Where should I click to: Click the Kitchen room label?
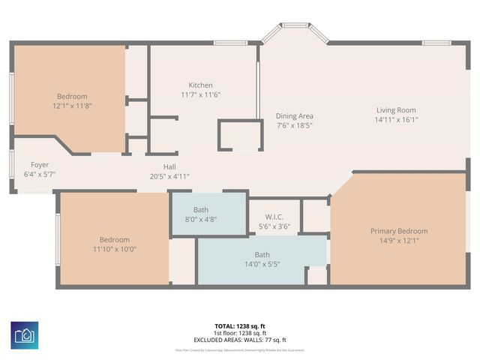click(200, 85)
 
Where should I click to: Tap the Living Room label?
click(396, 110)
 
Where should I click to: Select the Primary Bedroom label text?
click(399, 231)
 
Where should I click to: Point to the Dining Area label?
click(294, 115)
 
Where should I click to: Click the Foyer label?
click(40, 164)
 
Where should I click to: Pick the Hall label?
click(170, 167)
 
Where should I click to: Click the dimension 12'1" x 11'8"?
click(72, 106)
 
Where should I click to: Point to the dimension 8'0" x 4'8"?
click(201, 220)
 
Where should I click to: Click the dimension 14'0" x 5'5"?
click(262, 264)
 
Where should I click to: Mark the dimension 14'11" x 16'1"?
click(396, 119)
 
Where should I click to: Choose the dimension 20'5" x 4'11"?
click(170, 176)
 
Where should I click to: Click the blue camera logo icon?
click(26, 334)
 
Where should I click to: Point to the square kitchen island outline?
click(237, 136)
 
